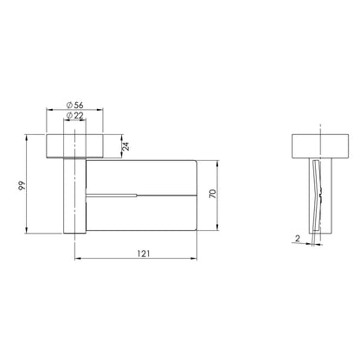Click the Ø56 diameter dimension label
coord(74,105)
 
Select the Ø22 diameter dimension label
coord(74,116)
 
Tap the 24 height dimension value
coord(125,146)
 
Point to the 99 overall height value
coord(22,185)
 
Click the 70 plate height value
coord(213,194)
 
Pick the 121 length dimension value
coord(144,254)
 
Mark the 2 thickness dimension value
coord(298,238)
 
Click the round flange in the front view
coord(74,146)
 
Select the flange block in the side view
coord(320,146)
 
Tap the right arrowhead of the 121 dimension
coord(195,259)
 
